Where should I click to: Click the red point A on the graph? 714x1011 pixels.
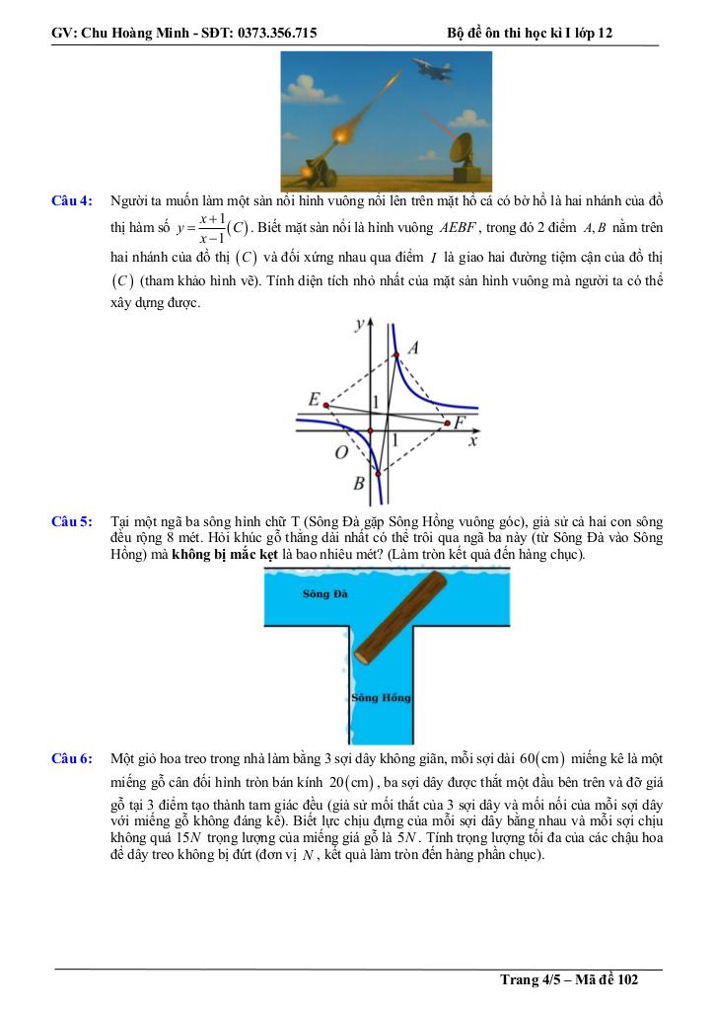pyautogui.click(x=395, y=354)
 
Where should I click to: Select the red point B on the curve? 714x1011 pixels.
pyautogui.click(x=378, y=474)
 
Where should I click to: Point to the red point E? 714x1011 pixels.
pyautogui.click(x=325, y=405)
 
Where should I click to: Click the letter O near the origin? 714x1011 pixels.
pyautogui.click(x=340, y=452)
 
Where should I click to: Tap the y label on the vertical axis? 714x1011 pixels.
pyautogui.click(x=361, y=324)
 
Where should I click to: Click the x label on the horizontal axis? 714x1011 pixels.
pyautogui.click(x=473, y=441)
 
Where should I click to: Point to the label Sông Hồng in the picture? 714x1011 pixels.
pyautogui.click(x=382, y=698)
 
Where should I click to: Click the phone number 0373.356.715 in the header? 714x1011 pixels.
pyautogui.click(x=271, y=33)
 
